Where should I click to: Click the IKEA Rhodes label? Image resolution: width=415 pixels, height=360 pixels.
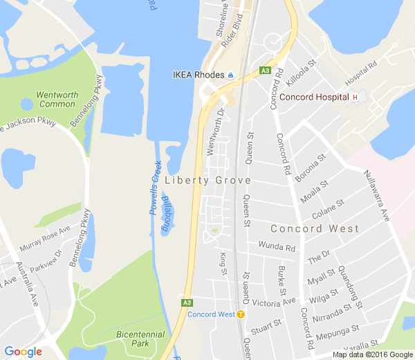click(x=198, y=75)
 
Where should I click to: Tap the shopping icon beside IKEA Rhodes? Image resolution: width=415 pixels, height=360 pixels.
click(x=231, y=75)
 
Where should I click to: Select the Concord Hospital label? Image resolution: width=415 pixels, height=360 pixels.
click(x=313, y=98)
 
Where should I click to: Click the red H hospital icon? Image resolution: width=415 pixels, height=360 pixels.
click(x=355, y=98)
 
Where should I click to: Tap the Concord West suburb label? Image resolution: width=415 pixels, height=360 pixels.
click(x=314, y=228)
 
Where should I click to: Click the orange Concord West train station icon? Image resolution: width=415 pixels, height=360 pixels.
click(x=241, y=314)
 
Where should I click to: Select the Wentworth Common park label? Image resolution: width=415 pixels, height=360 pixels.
click(x=56, y=99)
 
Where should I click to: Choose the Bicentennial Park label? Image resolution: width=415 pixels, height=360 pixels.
click(x=140, y=339)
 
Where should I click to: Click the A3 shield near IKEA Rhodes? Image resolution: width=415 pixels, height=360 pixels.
click(x=265, y=70)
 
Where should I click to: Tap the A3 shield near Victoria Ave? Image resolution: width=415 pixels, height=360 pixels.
click(x=187, y=303)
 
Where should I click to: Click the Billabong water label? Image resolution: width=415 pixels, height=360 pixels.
click(x=166, y=214)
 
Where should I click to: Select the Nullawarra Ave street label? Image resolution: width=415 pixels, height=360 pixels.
click(x=378, y=196)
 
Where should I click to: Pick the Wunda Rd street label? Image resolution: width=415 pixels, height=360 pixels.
click(x=276, y=246)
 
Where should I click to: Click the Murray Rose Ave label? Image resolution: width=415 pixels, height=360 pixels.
click(x=46, y=239)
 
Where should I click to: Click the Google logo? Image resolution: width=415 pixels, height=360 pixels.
click(x=23, y=351)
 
